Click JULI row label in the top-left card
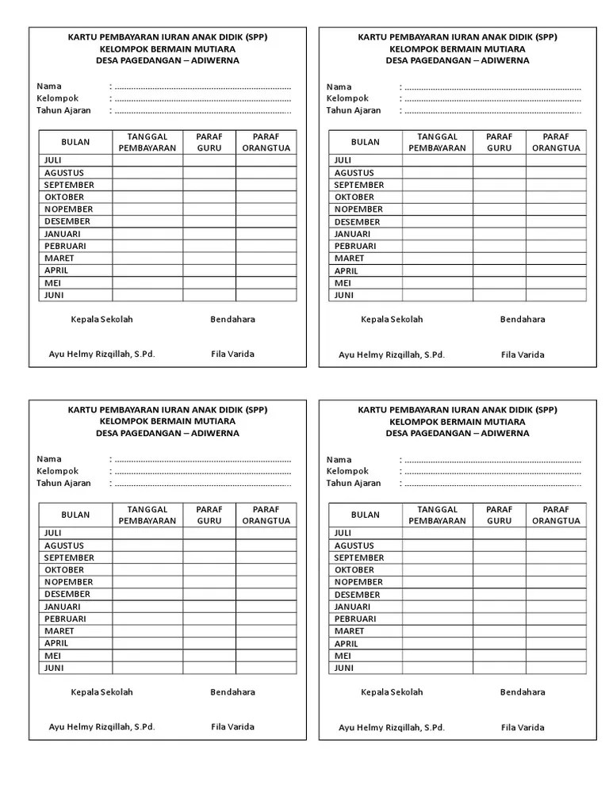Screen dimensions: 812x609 pos(54,160)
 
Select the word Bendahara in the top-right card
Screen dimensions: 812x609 pos(523,320)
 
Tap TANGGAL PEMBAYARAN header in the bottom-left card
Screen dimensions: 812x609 pos(147,515)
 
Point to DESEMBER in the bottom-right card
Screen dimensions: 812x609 pos(357,594)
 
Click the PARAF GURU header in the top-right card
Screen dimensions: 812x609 pos(499,142)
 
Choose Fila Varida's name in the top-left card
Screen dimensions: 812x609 pos(232,354)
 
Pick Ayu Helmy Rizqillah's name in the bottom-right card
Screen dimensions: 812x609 pos(392,727)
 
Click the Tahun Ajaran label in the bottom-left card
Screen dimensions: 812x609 pos(63,483)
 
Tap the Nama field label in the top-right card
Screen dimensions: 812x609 pos(339,86)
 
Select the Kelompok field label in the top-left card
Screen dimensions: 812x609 pos(58,98)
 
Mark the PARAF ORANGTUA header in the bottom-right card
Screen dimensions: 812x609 pos(556,515)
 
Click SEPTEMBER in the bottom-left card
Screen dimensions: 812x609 pos(69,557)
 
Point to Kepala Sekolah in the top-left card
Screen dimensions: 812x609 pos(101,320)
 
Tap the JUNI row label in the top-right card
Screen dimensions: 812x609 pos(344,295)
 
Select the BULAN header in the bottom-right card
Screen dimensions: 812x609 pos(366,515)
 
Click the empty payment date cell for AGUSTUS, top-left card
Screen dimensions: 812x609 pos(147,173)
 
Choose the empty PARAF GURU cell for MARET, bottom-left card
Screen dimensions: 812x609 pos(209,631)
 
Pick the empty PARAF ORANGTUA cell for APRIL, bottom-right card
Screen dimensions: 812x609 pos(556,644)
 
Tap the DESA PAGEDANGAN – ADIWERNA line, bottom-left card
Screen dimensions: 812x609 pos(167,433)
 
